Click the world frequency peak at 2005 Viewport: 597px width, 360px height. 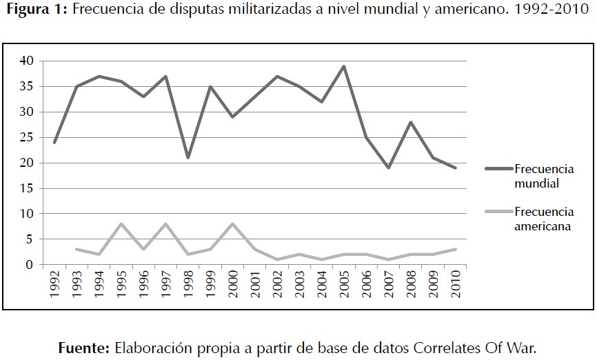343,66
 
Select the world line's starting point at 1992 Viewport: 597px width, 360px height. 54,143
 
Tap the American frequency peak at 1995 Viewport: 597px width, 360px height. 121,224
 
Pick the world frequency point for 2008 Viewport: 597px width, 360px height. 410,122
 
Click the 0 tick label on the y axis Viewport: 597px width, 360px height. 30,265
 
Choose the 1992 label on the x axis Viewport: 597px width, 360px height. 54,283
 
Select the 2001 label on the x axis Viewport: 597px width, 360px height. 255,283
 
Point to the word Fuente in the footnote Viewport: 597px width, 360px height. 84,346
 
